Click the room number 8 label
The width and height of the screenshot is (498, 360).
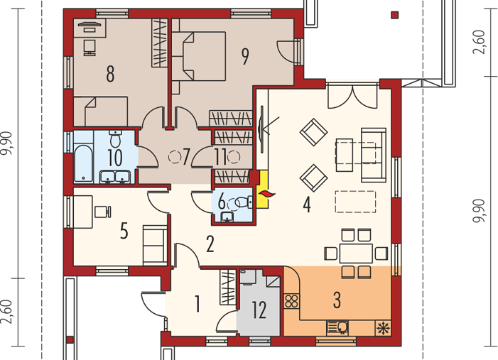110,74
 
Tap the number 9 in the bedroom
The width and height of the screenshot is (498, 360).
245,57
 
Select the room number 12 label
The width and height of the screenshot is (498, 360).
259,310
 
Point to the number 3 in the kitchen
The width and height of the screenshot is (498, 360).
337,300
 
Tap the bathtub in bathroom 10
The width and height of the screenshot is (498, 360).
83,163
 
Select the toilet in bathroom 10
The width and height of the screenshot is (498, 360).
115,138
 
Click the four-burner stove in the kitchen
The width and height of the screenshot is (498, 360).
291,301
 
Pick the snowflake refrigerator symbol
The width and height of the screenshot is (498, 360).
383,328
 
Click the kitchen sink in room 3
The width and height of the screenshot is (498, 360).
337,327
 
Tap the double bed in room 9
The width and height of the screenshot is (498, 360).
198,56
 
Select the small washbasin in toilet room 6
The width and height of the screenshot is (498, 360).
227,217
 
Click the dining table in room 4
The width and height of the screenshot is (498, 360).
356,253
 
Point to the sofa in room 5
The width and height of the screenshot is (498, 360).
155,245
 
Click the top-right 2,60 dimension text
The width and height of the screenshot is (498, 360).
480,42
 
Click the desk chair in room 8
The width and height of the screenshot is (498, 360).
90,48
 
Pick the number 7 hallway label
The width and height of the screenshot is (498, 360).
186,156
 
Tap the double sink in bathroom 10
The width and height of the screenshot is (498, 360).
114,177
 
